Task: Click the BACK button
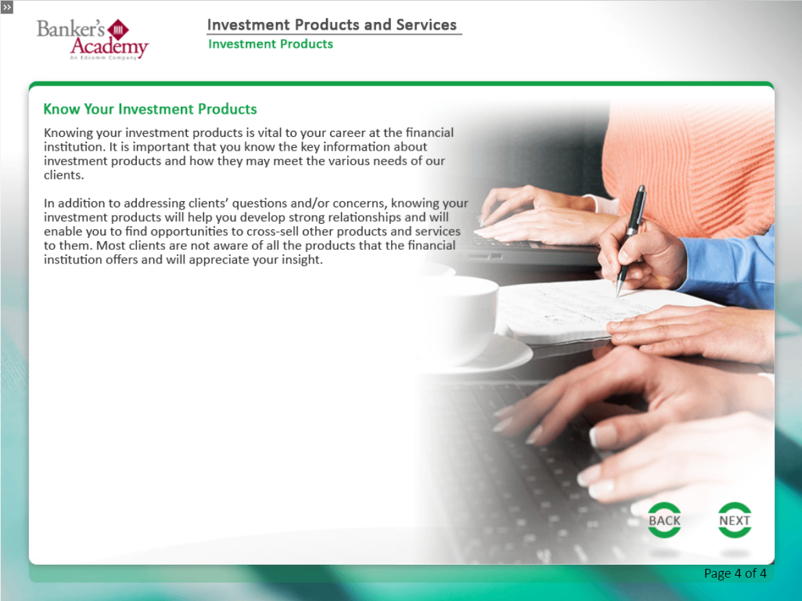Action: pyautogui.click(x=664, y=520)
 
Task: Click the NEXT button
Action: pyautogui.click(x=734, y=520)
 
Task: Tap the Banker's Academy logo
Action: pyautogui.click(x=92, y=39)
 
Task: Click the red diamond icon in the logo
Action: pyautogui.click(x=118, y=29)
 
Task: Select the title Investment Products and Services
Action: pyautogui.click(x=331, y=25)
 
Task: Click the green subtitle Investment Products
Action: pyautogui.click(x=271, y=44)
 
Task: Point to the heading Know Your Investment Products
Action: pyautogui.click(x=150, y=109)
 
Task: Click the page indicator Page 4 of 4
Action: pyautogui.click(x=735, y=574)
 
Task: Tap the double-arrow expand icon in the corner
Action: pyautogui.click(x=7, y=7)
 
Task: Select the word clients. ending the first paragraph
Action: pyautogui.click(x=64, y=175)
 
